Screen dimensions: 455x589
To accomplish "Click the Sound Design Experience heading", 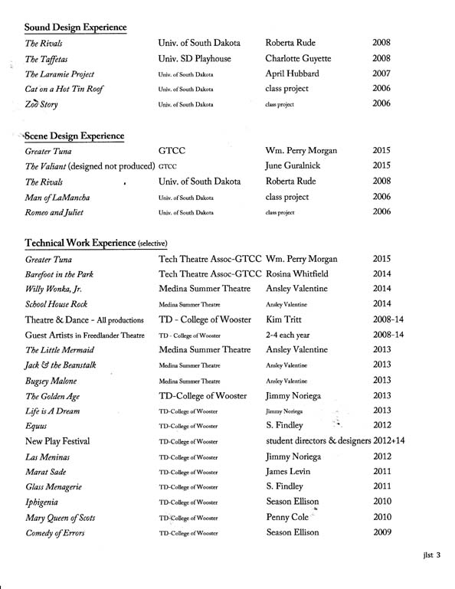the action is point(75,28).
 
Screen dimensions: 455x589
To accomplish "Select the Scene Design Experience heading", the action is point(74,136).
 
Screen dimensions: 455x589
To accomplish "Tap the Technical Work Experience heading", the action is point(96,242).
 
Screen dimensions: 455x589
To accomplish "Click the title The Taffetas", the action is point(47,58).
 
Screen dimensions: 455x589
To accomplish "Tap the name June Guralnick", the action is point(294,165).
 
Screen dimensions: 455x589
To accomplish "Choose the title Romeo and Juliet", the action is point(54,212).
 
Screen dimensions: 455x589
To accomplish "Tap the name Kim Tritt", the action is point(283,320).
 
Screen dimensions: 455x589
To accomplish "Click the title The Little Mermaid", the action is point(59,349).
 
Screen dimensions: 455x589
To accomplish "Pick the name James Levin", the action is point(290,472).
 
